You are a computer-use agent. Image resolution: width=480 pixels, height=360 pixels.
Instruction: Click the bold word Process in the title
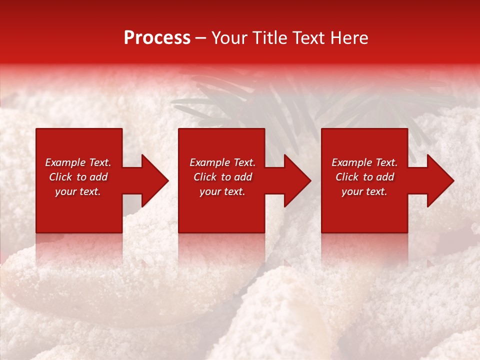pos(157,37)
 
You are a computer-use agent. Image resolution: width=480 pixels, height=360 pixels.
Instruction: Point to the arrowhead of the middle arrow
pos(298,180)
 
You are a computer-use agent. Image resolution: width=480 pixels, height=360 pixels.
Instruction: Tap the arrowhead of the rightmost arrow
pos(441,180)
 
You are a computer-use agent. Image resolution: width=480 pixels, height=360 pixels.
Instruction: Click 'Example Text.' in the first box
pos(78,162)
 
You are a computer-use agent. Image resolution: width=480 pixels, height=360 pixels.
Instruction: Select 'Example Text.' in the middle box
pos(222,162)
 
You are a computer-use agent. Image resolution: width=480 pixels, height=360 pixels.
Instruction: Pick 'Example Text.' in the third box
pos(364,162)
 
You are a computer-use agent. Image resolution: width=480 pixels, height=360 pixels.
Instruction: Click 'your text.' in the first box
pos(78,191)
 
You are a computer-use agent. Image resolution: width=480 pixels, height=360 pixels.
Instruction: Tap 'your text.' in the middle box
pos(222,191)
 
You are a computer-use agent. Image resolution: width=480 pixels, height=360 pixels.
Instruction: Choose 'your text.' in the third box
pos(364,191)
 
